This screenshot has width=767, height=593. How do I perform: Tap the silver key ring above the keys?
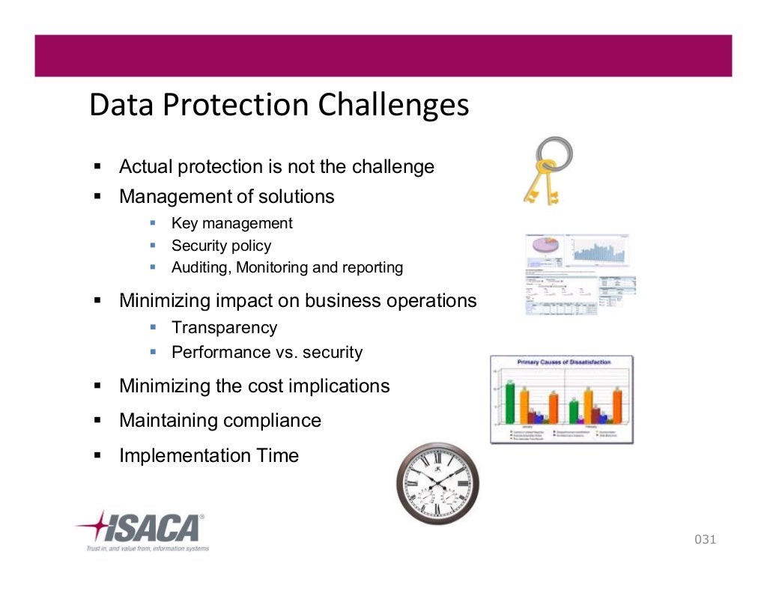(555, 153)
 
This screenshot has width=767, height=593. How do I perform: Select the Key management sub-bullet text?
(231, 223)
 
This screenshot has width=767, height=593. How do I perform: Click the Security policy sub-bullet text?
(221, 246)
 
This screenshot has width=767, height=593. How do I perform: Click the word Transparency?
(224, 328)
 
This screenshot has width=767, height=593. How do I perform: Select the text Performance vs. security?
(267, 352)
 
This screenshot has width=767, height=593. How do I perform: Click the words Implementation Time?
(208, 455)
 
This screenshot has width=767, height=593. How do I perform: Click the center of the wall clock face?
(437, 483)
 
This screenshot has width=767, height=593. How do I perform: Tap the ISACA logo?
(142, 528)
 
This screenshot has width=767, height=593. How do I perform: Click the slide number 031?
(705, 539)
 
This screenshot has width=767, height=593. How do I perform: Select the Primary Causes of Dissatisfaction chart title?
(563, 362)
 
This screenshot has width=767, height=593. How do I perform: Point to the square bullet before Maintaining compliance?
(97, 421)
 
